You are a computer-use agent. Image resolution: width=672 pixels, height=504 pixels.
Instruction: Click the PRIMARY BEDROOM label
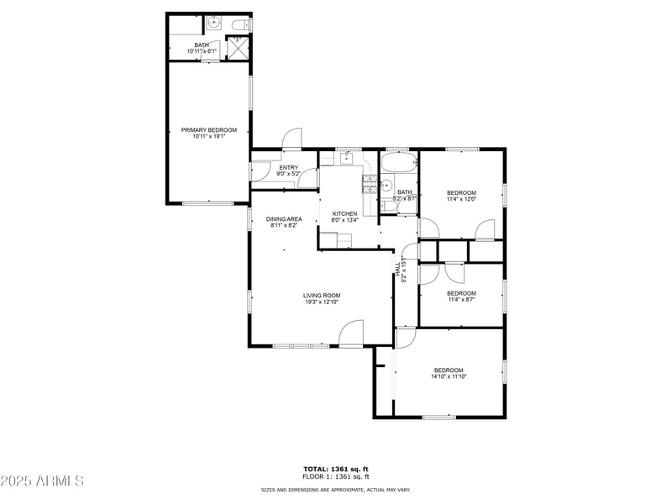coord(209,130)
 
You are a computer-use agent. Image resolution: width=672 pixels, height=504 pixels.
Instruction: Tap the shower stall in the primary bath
coord(239,47)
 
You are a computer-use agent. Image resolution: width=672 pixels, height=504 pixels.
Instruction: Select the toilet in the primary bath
coord(240,24)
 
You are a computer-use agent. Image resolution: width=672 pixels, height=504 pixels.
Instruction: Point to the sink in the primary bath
coord(213,23)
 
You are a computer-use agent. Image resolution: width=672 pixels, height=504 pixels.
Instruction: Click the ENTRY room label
coord(288,167)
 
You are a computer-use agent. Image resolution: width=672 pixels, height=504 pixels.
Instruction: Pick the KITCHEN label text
coord(344,213)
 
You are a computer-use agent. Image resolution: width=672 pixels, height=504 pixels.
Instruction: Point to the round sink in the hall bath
coord(387,186)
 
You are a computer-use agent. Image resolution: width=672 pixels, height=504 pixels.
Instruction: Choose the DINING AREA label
coord(285,218)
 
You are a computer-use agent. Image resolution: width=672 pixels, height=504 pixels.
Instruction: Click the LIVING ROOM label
coord(322,295)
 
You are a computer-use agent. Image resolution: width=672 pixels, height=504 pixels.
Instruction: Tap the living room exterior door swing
coord(350,333)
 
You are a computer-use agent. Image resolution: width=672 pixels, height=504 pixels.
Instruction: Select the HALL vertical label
coord(398,267)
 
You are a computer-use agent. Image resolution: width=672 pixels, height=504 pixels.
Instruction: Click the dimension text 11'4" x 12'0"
coord(461,199)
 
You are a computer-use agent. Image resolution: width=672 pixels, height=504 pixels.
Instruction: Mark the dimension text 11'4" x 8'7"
coord(461,299)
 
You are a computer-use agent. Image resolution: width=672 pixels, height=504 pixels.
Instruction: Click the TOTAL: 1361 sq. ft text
coord(336,469)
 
